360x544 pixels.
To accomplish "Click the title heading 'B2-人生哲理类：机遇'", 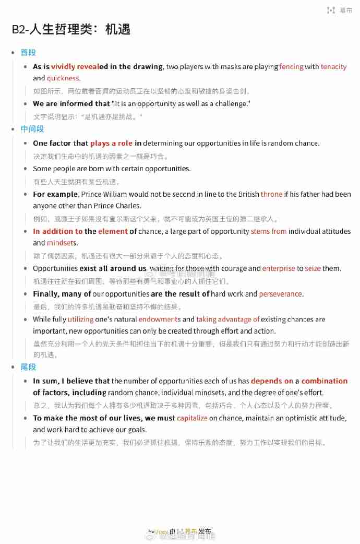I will pyautogui.click(x=71, y=29).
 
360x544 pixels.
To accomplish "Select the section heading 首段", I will pyautogui.click(x=28, y=53).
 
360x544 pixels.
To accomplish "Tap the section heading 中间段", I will pyautogui.click(x=32, y=129).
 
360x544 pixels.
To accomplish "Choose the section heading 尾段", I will pyautogui.click(x=28, y=367).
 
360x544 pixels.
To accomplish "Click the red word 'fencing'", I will pyautogui.click(x=291, y=67).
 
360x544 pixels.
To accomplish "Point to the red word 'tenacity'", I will pyautogui.click(x=333, y=67).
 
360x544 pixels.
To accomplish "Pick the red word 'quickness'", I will pyautogui.click(x=63, y=78).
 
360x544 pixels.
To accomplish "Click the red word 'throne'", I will pyautogui.click(x=271, y=194).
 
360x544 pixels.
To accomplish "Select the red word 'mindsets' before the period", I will pyautogui.click(x=62, y=243).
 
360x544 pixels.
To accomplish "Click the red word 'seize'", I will pyautogui.click(x=313, y=268).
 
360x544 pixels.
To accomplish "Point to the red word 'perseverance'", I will pyautogui.click(x=281, y=294).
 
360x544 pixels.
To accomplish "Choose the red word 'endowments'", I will pyautogui.click(x=159, y=319).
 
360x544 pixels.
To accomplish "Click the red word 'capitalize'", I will pyautogui.click(x=192, y=418).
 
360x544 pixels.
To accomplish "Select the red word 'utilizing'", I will pyautogui.click(x=81, y=319).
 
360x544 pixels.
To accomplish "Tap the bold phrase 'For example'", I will pyautogui.click(x=55, y=194).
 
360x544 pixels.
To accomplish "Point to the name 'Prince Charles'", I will pyautogui.click(x=118, y=206).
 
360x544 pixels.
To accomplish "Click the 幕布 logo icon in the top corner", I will pyautogui.click(x=331, y=10).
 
